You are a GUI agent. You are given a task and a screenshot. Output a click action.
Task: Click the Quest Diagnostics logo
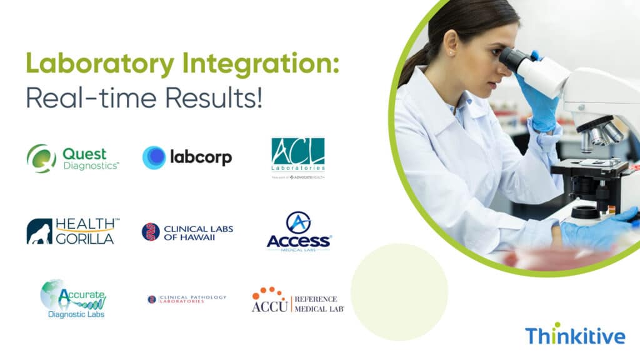(73, 158)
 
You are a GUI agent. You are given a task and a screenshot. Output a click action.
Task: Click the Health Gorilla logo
(70, 231)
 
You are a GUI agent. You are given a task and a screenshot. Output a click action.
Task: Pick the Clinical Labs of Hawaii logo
(187, 232)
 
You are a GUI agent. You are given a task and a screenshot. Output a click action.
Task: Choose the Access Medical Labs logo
(298, 232)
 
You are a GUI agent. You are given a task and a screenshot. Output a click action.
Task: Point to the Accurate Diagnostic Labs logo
(74, 299)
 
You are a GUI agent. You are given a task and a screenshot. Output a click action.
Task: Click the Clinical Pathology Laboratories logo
(187, 299)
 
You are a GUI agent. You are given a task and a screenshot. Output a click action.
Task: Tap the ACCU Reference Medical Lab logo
(297, 301)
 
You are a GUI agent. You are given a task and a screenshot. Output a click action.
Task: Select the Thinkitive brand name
(574, 336)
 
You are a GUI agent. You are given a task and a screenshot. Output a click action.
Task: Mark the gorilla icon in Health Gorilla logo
(39, 231)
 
